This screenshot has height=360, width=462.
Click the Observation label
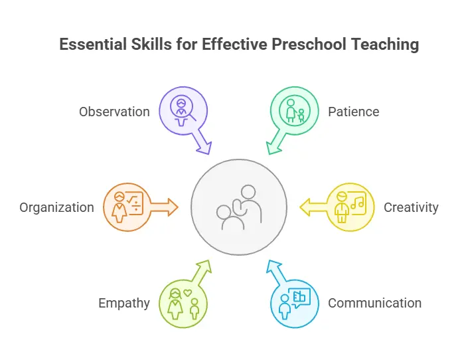(x=114, y=112)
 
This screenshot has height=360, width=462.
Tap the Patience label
(x=354, y=112)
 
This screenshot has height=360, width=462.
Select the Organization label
(x=57, y=208)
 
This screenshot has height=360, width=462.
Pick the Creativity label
(x=411, y=208)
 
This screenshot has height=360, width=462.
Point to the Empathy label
(x=124, y=304)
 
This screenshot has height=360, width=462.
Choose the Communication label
(x=375, y=303)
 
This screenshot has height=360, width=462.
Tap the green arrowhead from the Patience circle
(x=273, y=147)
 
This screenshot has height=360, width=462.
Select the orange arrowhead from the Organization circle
(x=173, y=207)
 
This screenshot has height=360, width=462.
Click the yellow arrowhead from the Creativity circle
(x=305, y=207)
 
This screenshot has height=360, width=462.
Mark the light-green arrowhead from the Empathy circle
(x=205, y=267)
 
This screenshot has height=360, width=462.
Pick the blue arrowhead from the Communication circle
(x=273, y=267)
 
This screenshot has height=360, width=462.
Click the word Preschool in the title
(x=309, y=45)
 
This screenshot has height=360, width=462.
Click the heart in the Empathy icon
(x=188, y=293)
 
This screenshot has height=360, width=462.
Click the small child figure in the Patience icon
(x=301, y=116)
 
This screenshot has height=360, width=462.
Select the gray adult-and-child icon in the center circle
(x=239, y=207)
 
